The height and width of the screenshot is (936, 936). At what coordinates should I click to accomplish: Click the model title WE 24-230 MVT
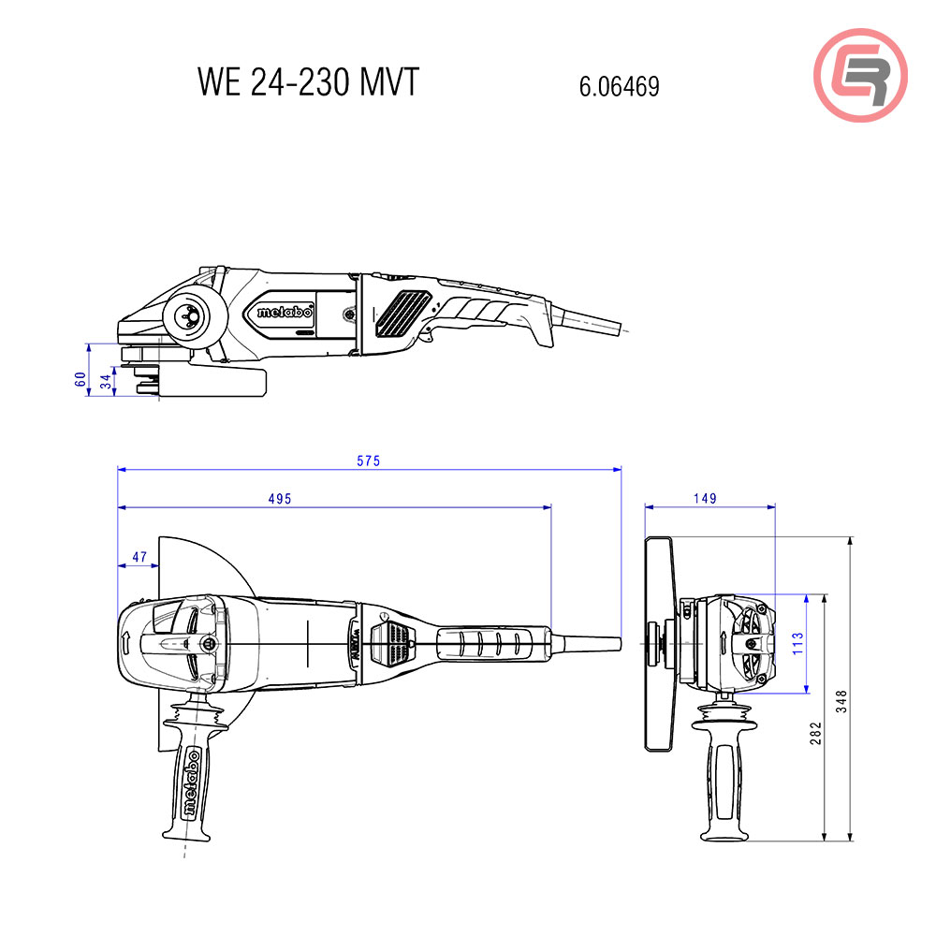(307, 82)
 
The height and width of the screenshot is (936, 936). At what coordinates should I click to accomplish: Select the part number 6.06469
(619, 87)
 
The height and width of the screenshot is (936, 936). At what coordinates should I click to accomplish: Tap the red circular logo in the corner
(860, 75)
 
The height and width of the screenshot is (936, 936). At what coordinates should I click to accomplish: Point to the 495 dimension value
(280, 499)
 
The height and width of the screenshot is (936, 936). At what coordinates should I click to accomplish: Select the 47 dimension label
(139, 557)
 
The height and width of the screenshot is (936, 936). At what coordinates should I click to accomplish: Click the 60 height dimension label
(80, 379)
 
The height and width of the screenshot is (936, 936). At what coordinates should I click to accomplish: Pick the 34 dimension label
(107, 382)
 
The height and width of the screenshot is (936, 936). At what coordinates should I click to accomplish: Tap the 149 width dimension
(705, 499)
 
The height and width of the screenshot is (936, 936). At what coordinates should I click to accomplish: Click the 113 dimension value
(797, 643)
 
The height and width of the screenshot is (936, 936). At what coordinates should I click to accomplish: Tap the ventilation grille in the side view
(401, 313)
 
